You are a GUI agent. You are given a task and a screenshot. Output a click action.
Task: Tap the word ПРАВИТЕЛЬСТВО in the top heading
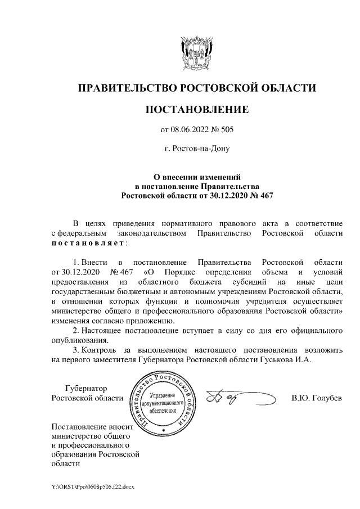click(126, 88)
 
